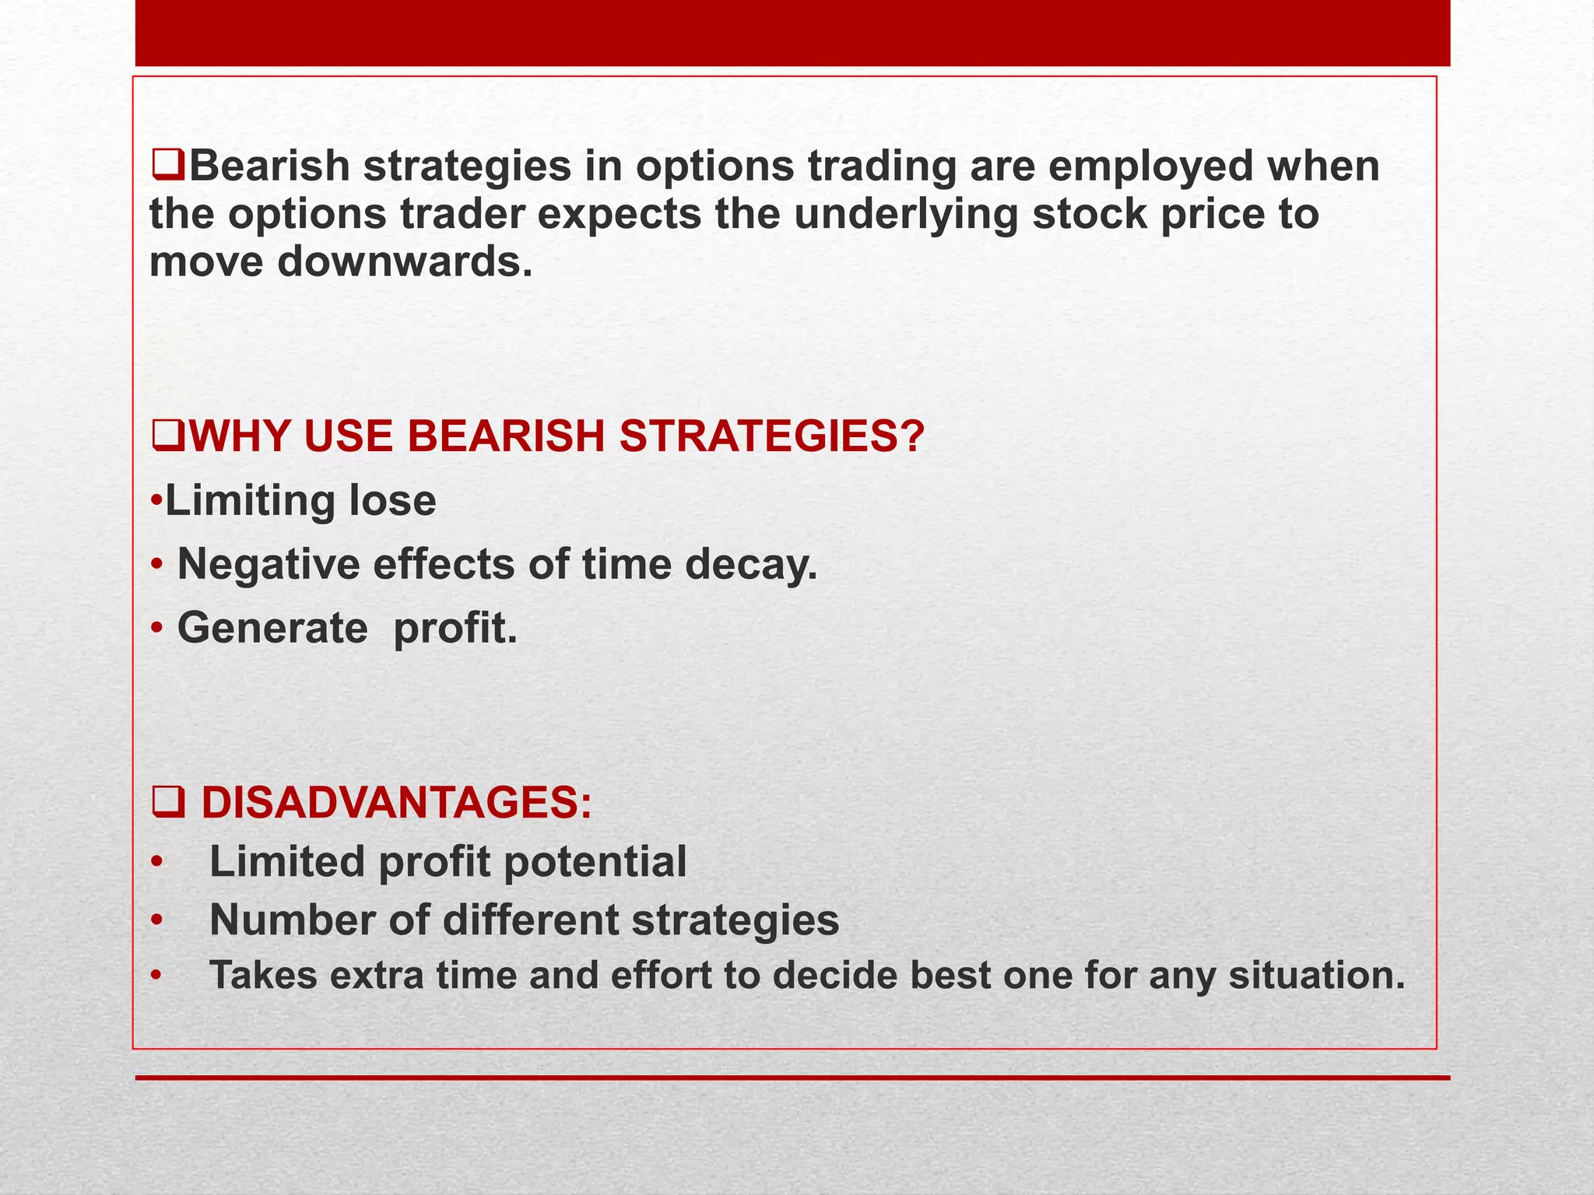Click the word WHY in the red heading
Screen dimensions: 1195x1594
pos(238,436)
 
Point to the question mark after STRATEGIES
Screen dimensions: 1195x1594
pos(911,436)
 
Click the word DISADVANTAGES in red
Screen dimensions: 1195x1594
pos(395,802)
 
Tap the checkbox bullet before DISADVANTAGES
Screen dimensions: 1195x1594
pos(167,803)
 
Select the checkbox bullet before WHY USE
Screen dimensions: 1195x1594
pos(167,436)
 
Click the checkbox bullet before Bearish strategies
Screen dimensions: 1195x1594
pos(167,167)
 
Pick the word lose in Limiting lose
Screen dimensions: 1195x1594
pos(392,500)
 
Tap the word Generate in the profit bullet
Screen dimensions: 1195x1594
pos(272,628)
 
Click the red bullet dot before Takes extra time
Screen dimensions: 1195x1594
pos(156,976)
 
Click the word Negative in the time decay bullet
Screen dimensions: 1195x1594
pos(269,564)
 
